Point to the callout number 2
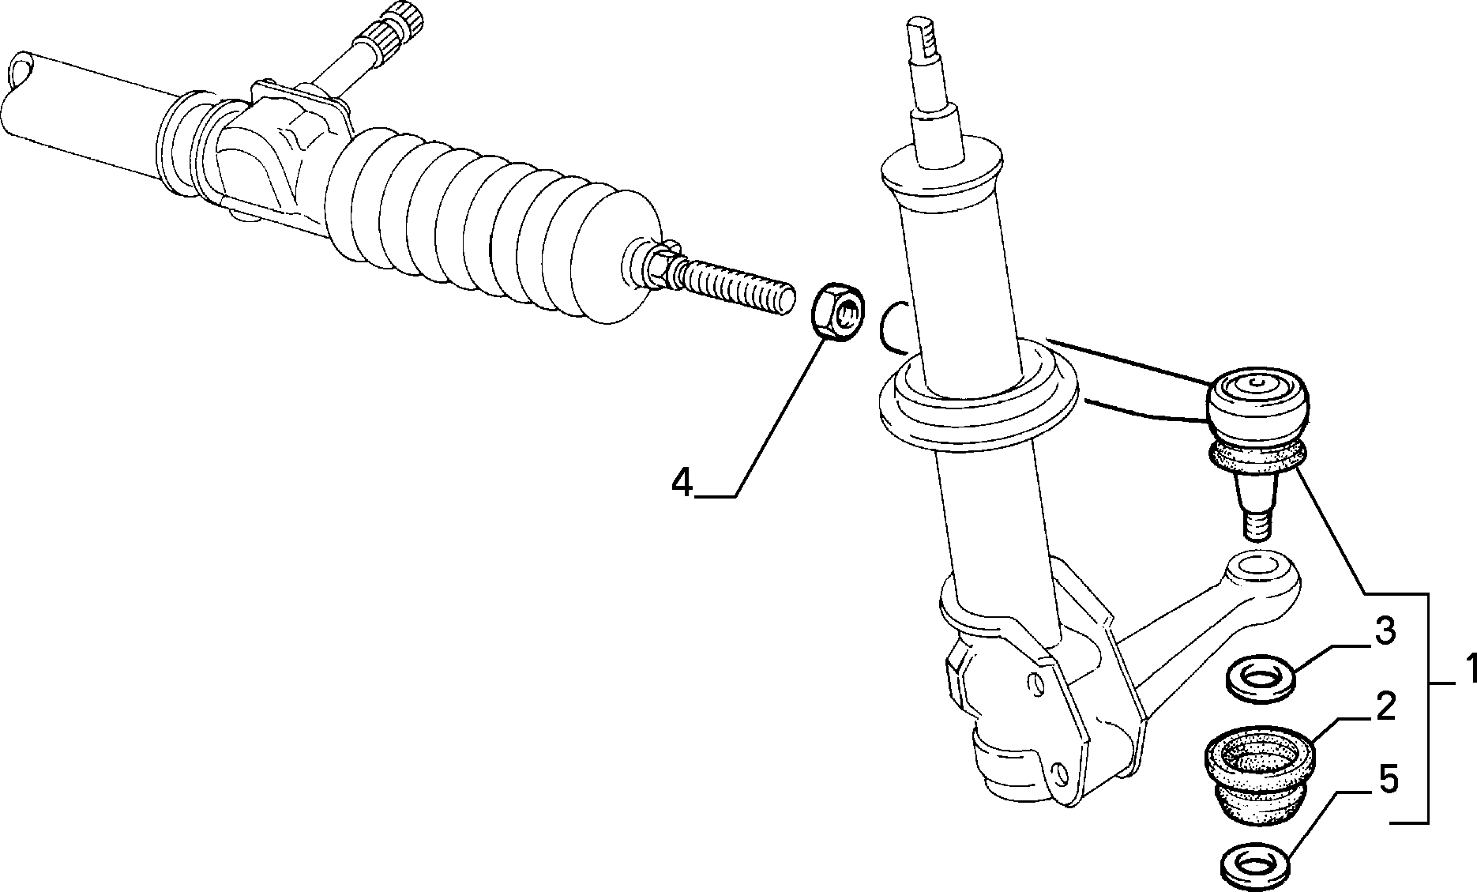tap(1385, 707)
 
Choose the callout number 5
tap(1388, 781)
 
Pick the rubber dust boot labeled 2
tap(1260, 776)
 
